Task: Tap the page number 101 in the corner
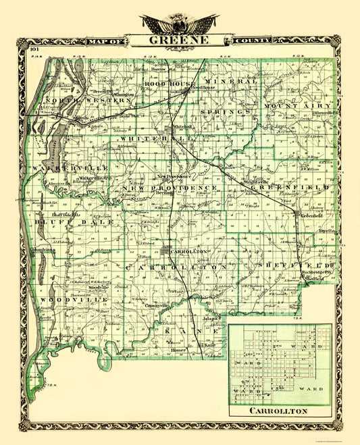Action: point(34,49)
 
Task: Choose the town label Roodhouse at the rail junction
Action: point(203,88)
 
